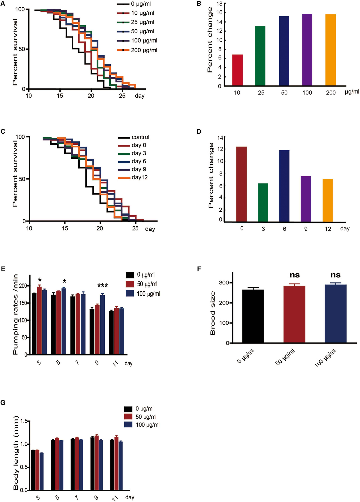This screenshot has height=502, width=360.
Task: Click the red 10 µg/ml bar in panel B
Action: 237,70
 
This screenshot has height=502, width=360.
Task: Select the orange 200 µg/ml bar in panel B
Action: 330,50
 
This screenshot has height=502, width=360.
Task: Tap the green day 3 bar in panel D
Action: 263,203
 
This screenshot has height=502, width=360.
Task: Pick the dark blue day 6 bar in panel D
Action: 284,186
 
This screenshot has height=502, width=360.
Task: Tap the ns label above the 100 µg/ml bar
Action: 335,275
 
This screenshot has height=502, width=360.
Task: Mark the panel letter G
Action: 3,402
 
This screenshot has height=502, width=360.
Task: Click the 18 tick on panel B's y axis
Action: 219,4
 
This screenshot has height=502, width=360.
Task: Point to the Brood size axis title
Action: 213,313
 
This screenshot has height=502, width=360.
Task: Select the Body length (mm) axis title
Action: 16,453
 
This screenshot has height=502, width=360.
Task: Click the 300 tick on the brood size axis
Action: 224,283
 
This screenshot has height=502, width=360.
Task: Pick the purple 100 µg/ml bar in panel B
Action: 307,50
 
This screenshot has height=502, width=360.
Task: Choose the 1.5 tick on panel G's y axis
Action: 23,421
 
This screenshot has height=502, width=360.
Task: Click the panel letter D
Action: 199,131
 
